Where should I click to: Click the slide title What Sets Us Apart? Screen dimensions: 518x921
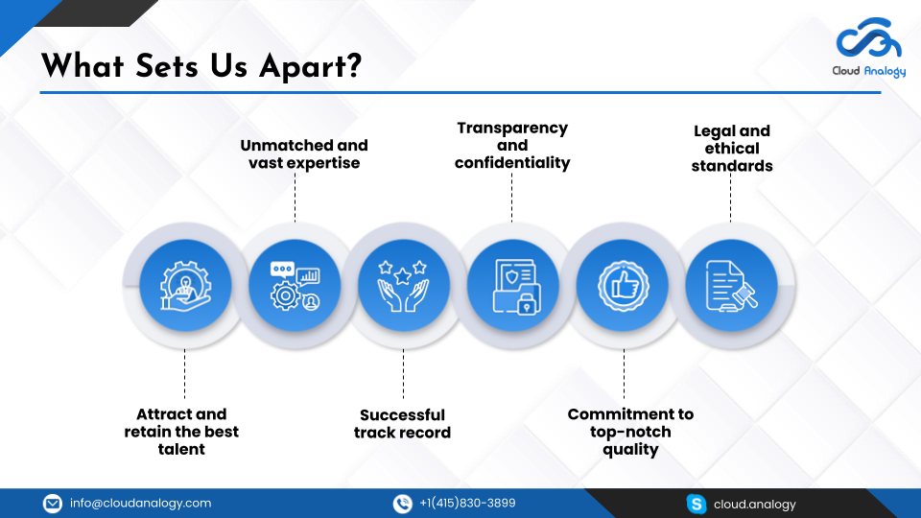tap(201, 66)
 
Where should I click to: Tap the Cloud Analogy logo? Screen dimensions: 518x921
tap(868, 48)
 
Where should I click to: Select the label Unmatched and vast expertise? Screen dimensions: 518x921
tap(303, 154)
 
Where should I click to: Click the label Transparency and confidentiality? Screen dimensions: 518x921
tap(512, 145)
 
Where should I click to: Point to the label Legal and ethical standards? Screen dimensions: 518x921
tap(732, 149)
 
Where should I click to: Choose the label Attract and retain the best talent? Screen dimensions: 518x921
tap(181, 432)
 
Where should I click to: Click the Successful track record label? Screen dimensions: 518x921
tap(402, 424)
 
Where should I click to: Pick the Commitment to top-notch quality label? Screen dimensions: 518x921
tap(630, 432)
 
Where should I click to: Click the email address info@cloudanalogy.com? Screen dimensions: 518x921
tap(140, 504)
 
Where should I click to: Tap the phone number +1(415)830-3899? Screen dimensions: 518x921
tap(467, 504)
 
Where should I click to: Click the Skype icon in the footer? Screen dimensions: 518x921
tap(697, 504)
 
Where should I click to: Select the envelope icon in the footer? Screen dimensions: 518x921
tap(53, 504)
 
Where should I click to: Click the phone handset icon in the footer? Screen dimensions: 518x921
tap(403, 504)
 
